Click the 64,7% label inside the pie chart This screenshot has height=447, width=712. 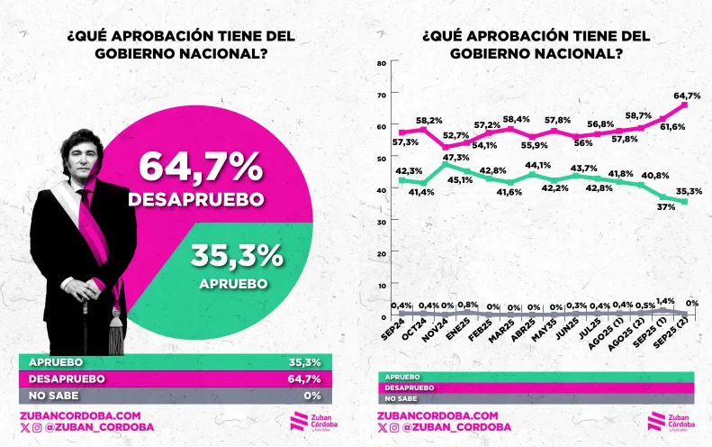[x=200, y=168]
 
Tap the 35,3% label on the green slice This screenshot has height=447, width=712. [x=237, y=258]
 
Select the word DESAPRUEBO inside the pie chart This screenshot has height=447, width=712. [x=195, y=199]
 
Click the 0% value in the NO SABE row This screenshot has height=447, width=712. [x=312, y=395]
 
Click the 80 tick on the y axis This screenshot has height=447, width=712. [x=383, y=63]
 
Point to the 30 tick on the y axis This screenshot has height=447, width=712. [x=383, y=222]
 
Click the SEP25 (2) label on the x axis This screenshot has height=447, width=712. [x=677, y=341]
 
